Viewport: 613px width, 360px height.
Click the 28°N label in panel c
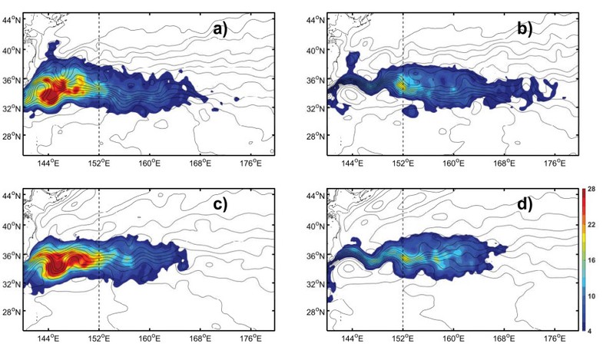[x=12, y=312]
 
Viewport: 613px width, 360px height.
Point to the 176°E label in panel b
[x=555, y=163]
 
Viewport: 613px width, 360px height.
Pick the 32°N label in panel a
[x=12, y=108]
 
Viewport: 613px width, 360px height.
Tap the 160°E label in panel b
[x=453, y=163]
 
